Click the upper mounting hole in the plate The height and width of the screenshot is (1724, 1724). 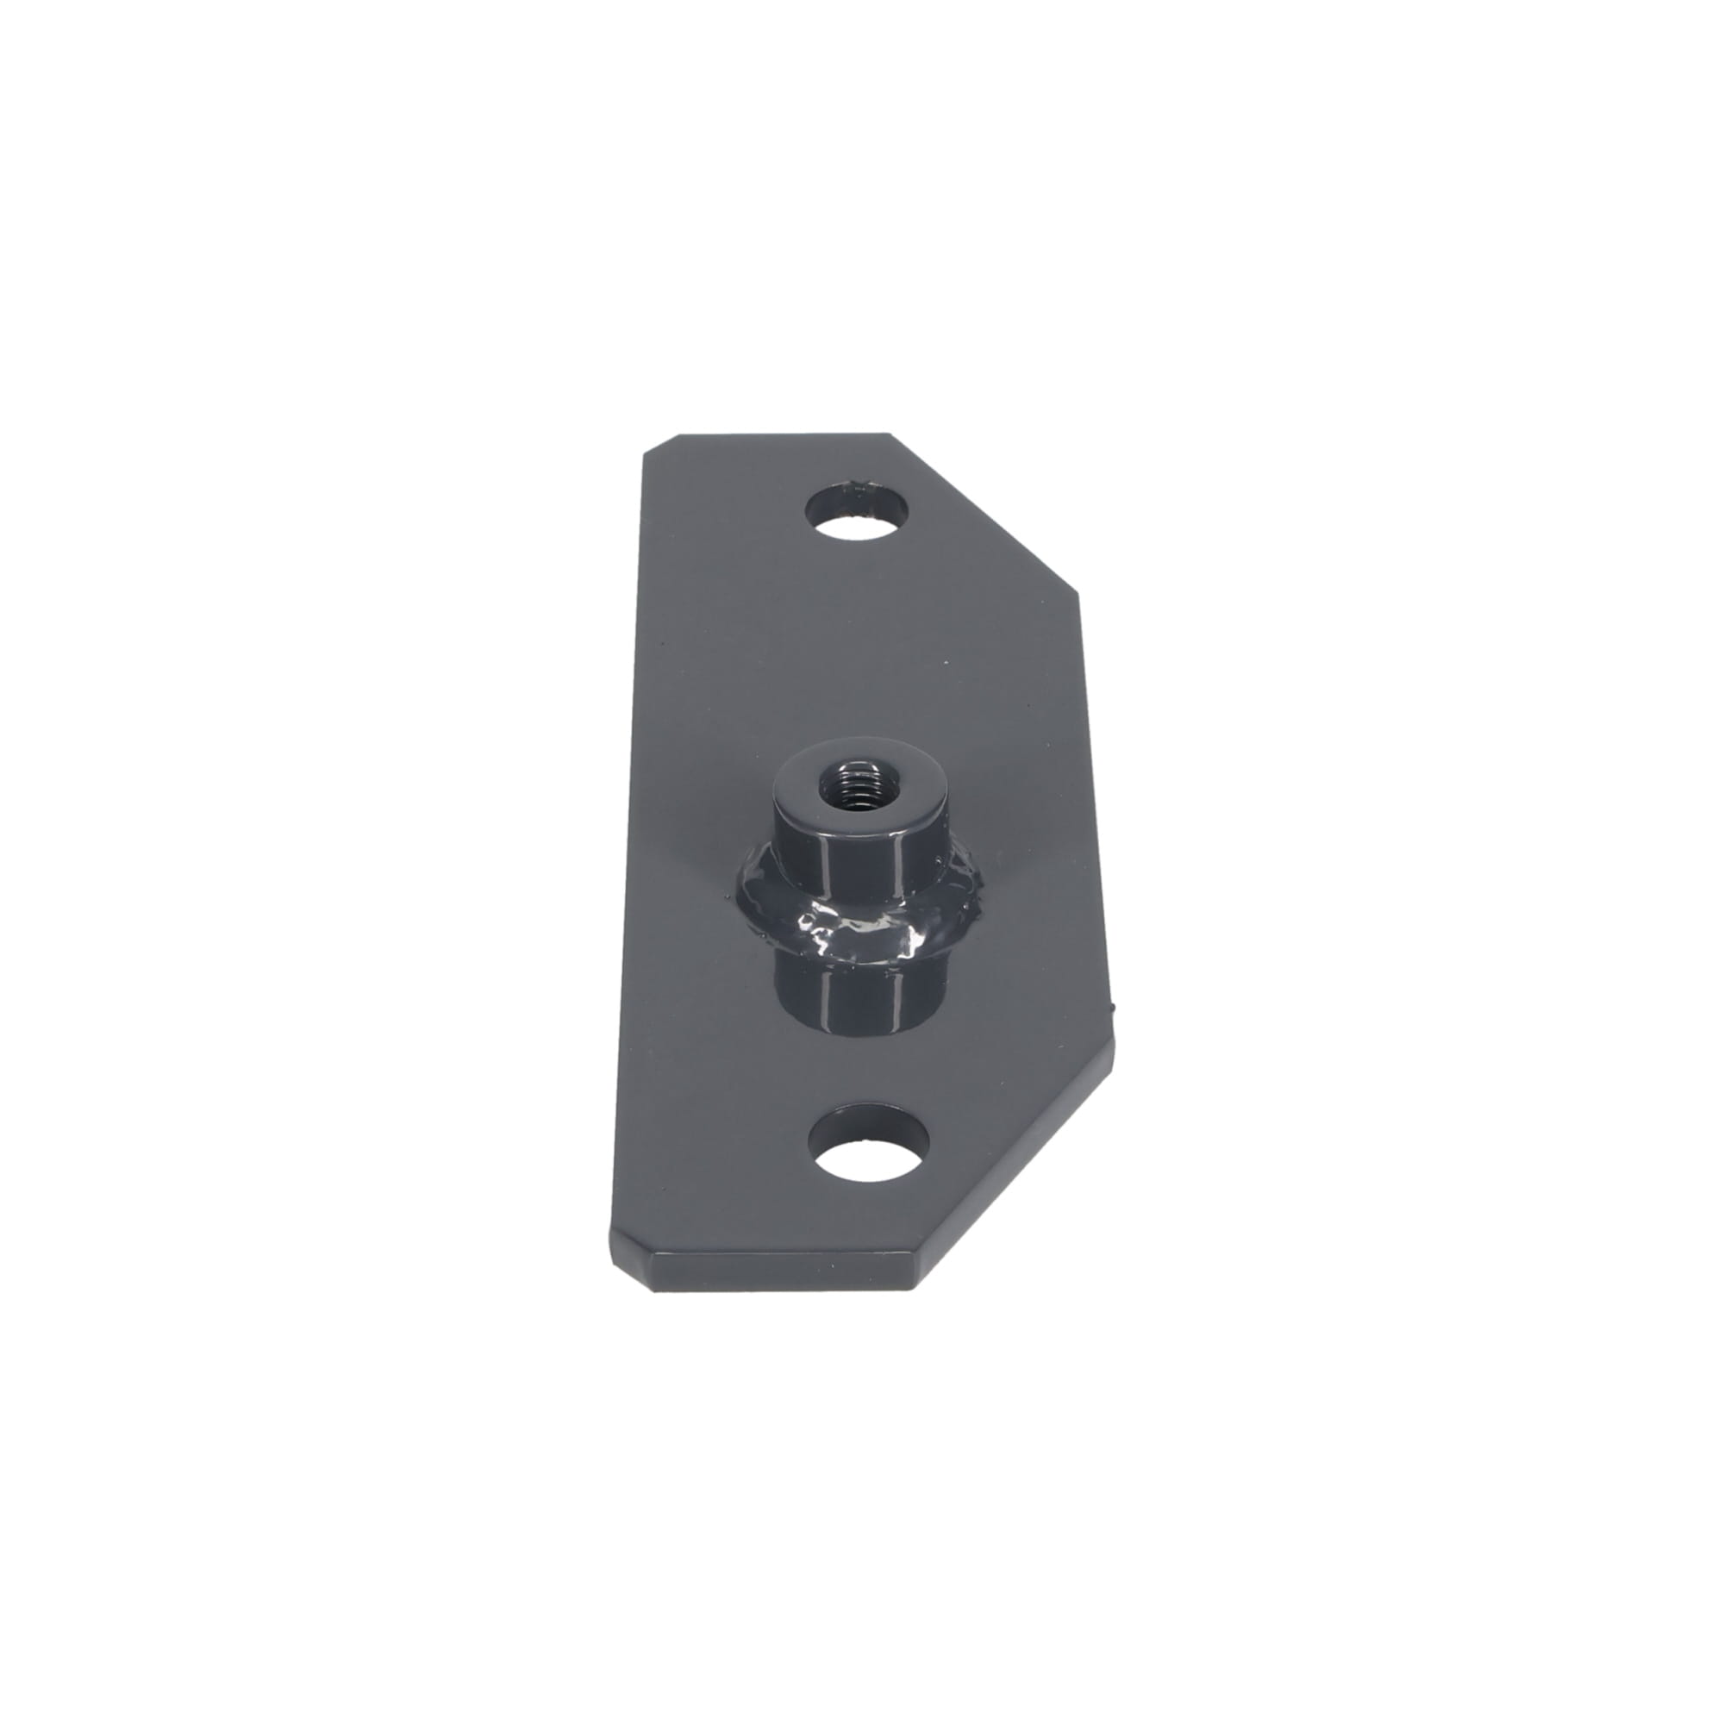[857, 514]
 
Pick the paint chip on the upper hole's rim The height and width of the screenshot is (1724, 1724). [859, 487]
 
